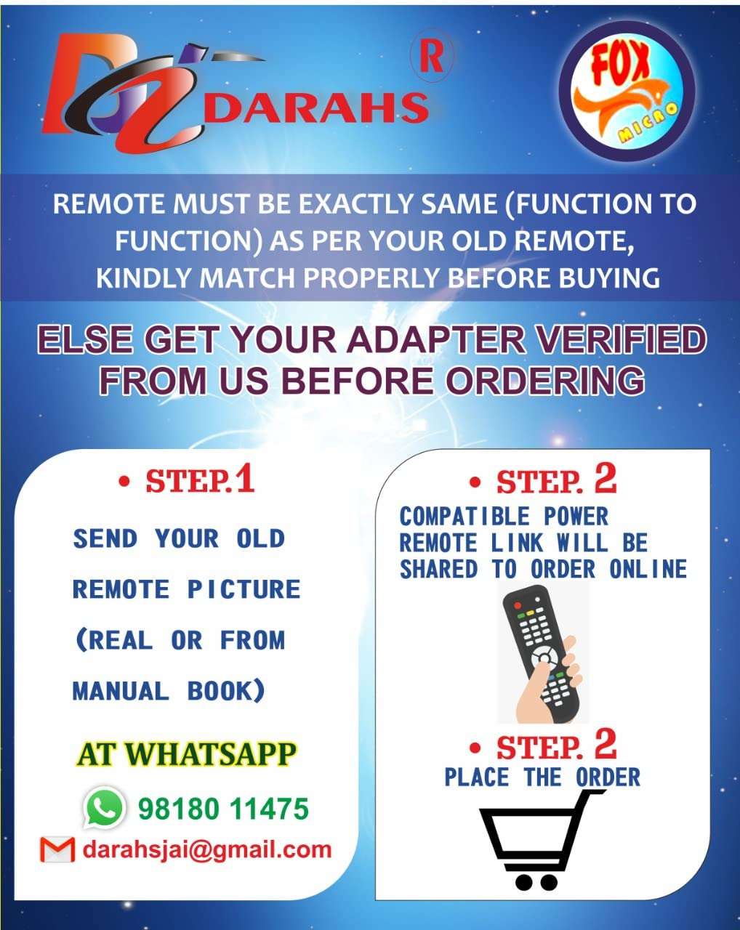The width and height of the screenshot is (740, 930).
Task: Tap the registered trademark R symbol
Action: (x=432, y=57)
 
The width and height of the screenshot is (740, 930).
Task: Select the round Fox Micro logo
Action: (x=626, y=91)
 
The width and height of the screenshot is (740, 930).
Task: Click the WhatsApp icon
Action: (x=104, y=807)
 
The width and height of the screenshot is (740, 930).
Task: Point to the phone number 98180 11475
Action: (x=223, y=809)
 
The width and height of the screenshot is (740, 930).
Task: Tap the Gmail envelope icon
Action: (x=57, y=849)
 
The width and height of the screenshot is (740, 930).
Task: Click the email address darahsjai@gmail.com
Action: (x=207, y=849)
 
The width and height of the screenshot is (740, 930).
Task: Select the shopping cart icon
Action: (x=542, y=839)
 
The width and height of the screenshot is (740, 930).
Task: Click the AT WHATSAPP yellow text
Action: (x=186, y=754)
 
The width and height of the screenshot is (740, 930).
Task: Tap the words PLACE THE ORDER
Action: (x=542, y=777)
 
